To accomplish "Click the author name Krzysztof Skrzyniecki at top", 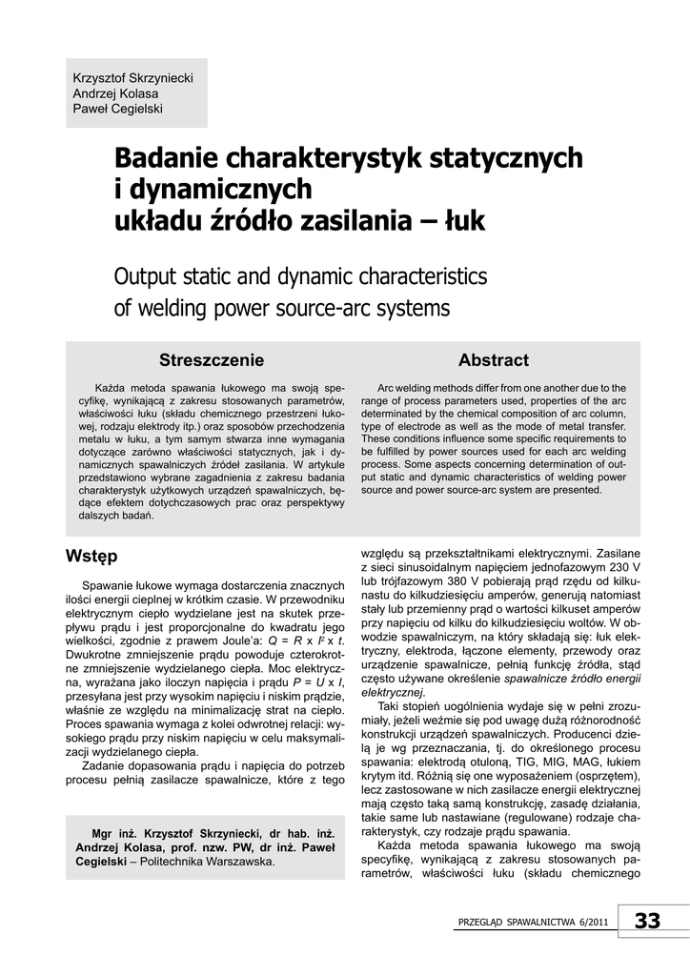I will coord(132,76).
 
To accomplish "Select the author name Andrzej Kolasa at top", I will coord(115,92).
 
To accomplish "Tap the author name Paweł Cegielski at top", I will coord(118,109).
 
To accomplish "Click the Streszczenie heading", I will coord(212,360).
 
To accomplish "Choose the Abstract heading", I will coord(493,360).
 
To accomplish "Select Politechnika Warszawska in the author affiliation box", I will coord(208,862).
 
